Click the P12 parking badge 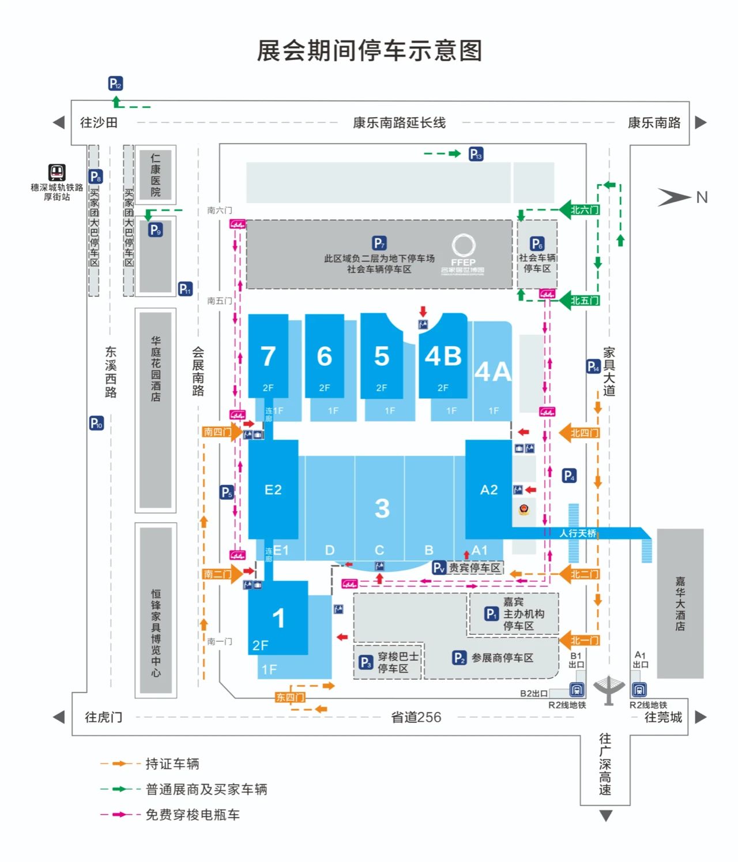[115, 84]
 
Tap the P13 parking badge [476, 154]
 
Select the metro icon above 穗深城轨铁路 [57, 172]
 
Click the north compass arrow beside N [674, 197]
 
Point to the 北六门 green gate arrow [579, 210]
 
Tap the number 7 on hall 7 [268, 356]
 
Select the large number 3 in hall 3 [382, 508]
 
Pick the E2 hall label [273, 490]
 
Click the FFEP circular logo [463, 245]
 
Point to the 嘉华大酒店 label [680, 604]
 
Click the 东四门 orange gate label [290, 697]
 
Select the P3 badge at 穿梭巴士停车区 [366, 662]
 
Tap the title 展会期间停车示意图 [369, 51]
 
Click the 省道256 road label [416, 717]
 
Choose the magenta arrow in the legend [121, 814]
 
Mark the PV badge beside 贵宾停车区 [439, 568]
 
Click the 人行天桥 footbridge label [577, 533]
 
